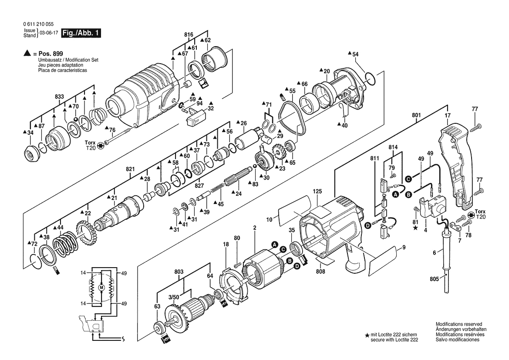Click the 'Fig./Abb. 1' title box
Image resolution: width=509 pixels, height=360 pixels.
click(x=81, y=33)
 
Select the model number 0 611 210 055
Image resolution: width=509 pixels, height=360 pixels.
click(x=39, y=24)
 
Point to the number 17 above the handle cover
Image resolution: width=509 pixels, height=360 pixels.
click(x=447, y=115)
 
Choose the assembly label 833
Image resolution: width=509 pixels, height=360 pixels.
click(x=59, y=96)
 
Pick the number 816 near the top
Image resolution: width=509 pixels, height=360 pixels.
click(x=188, y=34)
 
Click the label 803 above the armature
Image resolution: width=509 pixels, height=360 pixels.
click(x=178, y=271)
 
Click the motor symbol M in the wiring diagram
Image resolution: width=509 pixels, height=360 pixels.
click(x=101, y=288)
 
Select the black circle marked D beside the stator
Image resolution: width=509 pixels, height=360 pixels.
click(x=297, y=266)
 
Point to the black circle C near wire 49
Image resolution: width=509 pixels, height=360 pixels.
click(x=408, y=178)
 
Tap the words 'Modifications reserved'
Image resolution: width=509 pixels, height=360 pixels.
click(x=459, y=325)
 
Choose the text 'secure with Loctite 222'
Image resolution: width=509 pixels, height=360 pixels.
click(x=394, y=339)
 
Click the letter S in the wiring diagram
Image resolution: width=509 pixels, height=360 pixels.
click(x=123, y=339)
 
